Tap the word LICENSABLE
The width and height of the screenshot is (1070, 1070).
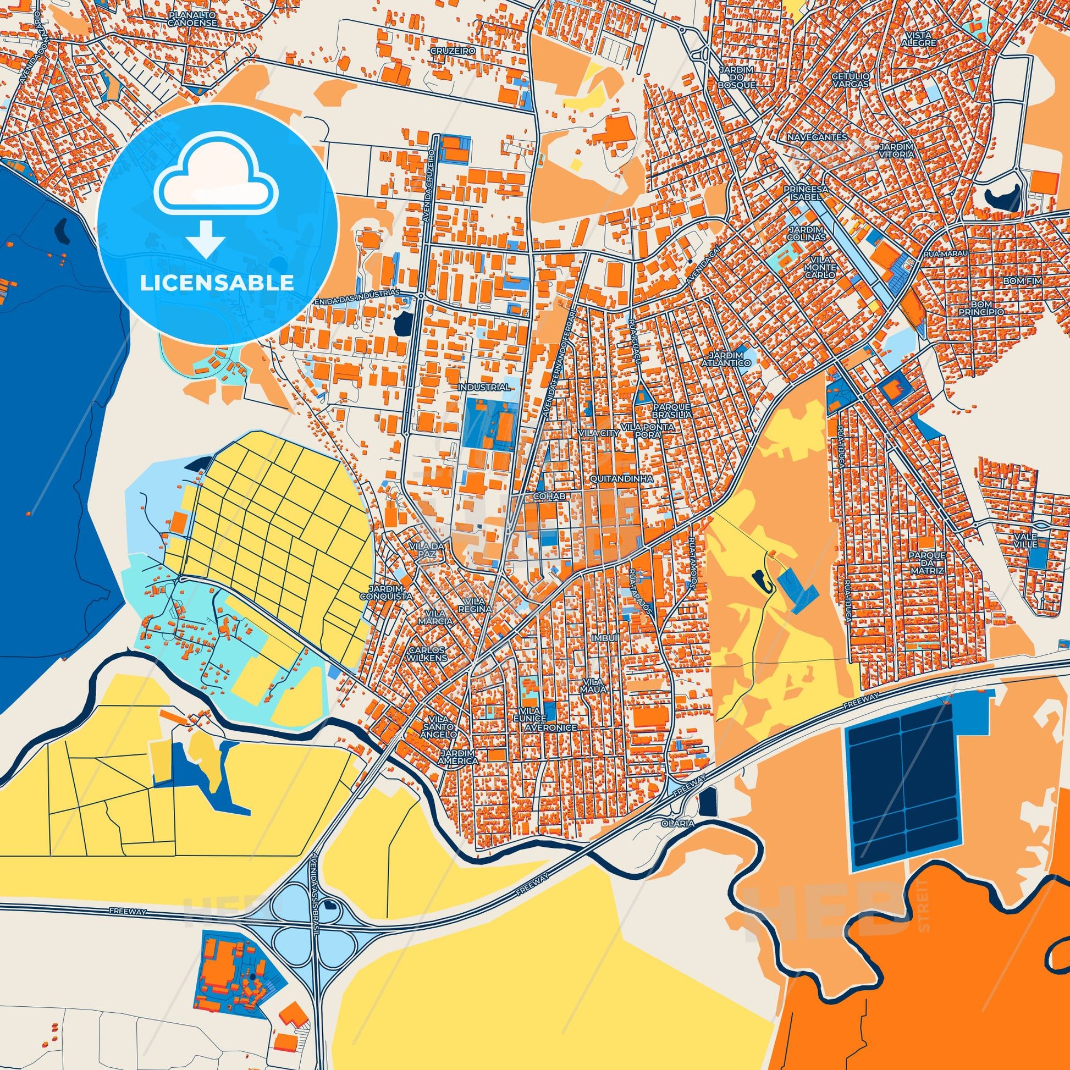217,283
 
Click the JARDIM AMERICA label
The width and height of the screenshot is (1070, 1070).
459,758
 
